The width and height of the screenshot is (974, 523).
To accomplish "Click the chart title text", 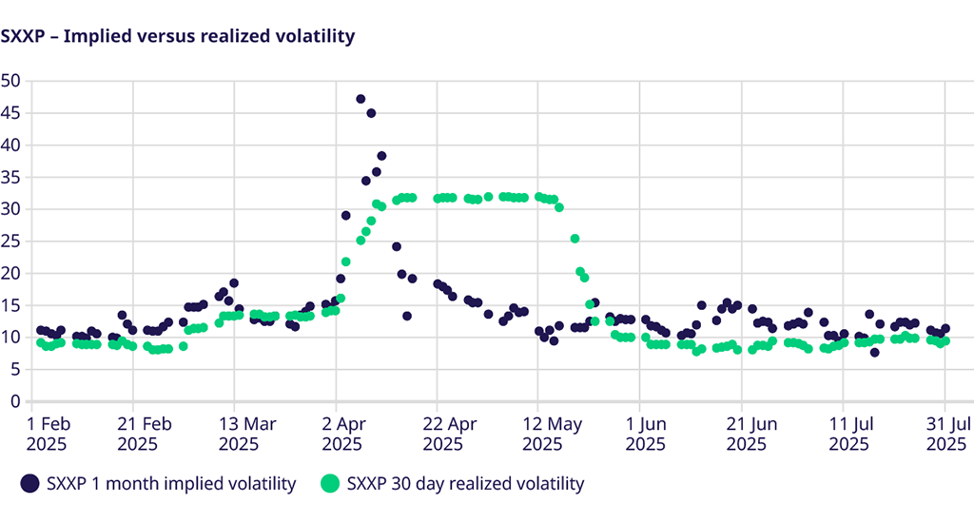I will pyautogui.click(x=178, y=36).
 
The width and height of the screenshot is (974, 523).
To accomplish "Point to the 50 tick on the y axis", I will pyautogui.click(x=10, y=80).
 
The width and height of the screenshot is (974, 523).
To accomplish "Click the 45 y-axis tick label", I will pyautogui.click(x=10, y=112).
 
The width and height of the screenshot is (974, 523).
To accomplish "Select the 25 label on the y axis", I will pyautogui.click(x=10, y=241).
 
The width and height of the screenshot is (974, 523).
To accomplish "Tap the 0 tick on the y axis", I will pyautogui.click(x=15, y=400).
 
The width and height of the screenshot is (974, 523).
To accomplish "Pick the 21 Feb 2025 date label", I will pyautogui.click(x=137, y=433).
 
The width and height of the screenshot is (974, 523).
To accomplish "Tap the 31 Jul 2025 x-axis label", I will pyautogui.click(x=948, y=433).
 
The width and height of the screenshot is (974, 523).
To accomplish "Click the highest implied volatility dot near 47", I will pyautogui.click(x=360, y=99).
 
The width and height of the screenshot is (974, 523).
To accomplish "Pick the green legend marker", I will pyautogui.click(x=330, y=484).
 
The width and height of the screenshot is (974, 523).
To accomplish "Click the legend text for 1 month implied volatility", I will pyautogui.click(x=171, y=484).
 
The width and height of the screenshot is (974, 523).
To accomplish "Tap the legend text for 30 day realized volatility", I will pyautogui.click(x=466, y=484).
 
